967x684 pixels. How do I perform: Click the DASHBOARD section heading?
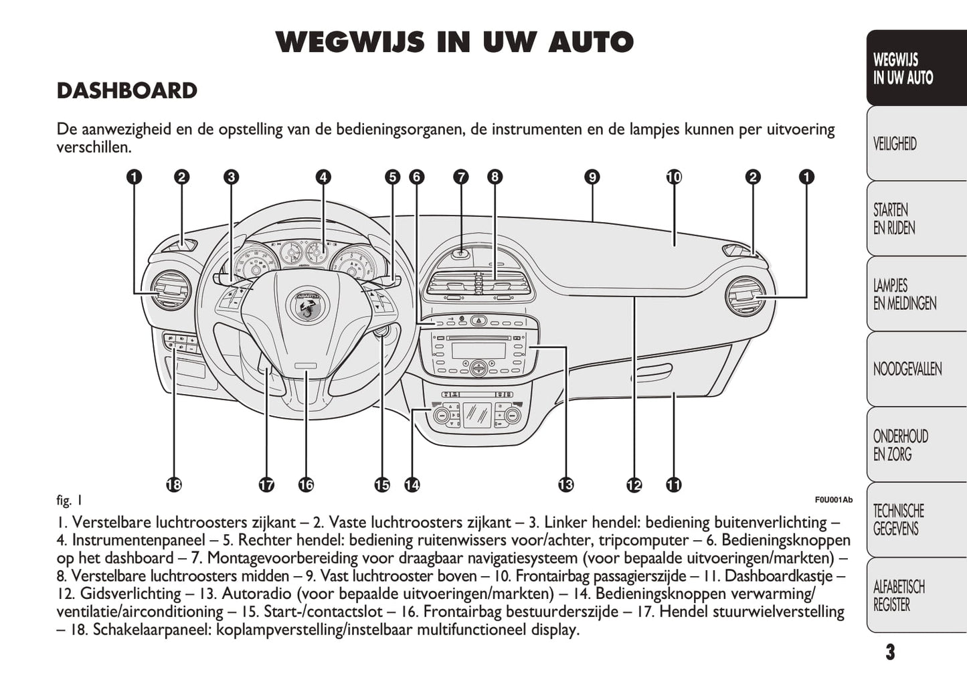tap(126, 91)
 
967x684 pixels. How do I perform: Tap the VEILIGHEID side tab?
tap(895, 143)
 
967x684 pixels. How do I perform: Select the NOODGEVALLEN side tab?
tap(907, 369)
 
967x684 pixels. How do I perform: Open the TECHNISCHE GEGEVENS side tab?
tap(898, 520)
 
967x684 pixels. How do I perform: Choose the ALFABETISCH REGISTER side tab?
tap(899, 596)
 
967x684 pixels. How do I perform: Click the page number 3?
tap(889, 652)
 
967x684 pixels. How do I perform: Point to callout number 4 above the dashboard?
tap(323, 177)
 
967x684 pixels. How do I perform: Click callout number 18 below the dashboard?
tap(174, 485)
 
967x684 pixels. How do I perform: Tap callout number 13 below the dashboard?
tap(565, 485)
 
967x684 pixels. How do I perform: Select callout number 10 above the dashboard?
tap(674, 177)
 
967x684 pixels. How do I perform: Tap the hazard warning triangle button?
tap(479, 321)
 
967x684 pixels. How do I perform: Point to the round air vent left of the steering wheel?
tap(168, 290)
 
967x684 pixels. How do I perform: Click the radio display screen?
tap(478, 349)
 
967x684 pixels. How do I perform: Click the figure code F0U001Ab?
tap(833, 500)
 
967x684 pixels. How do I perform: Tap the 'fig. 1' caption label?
tap(70, 500)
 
